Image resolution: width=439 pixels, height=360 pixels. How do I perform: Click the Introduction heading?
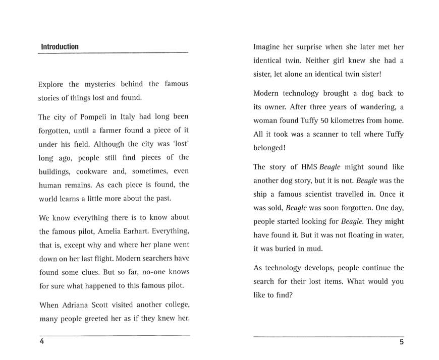pyautogui.click(x=60, y=47)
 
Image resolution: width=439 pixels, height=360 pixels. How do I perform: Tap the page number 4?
pyautogui.click(x=42, y=341)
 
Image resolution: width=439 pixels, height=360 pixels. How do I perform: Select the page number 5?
pyautogui.click(x=401, y=342)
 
